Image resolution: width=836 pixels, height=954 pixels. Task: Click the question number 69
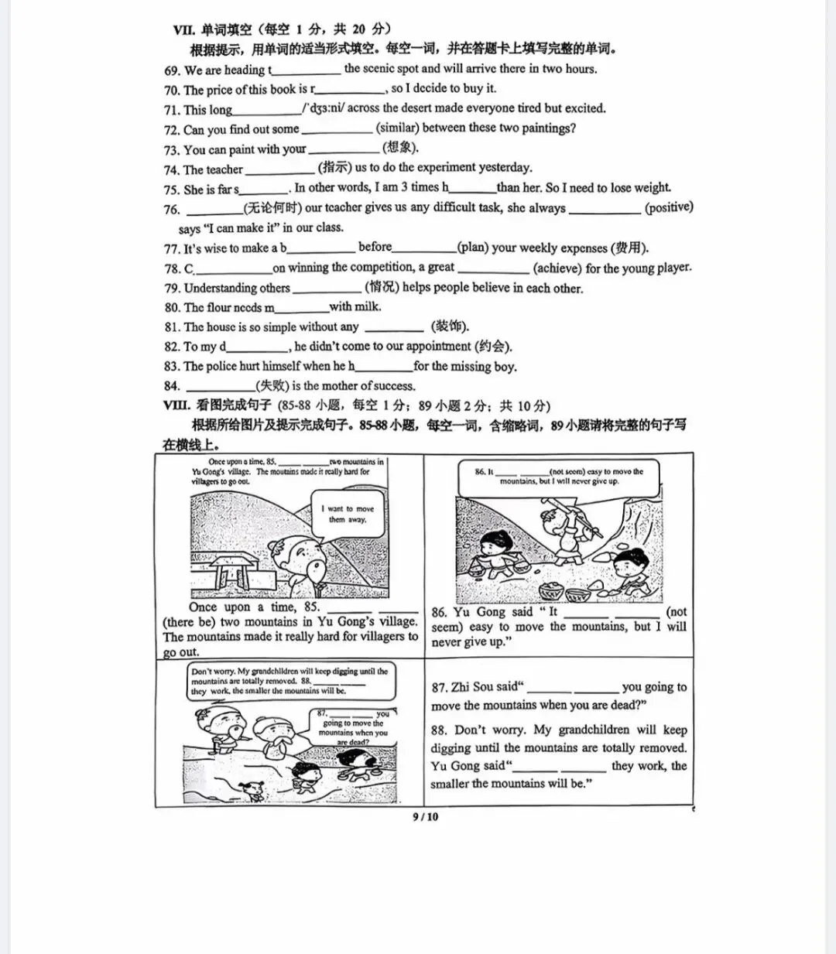[172, 70]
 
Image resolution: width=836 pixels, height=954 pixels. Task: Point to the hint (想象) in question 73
[401, 149]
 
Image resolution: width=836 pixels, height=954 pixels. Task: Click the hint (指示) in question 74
[335, 168]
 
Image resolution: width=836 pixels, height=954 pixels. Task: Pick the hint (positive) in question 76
[669, 207]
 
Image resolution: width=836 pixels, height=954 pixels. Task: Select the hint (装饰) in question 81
[450, 327]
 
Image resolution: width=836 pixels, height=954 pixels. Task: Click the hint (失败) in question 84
[272, 386]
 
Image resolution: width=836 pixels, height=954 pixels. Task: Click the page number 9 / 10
[425, 816]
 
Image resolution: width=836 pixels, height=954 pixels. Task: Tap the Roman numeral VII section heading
[183, 29]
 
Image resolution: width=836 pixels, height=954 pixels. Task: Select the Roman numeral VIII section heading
[176, 405]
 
